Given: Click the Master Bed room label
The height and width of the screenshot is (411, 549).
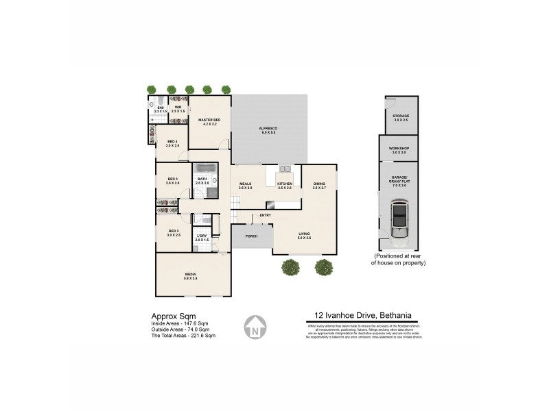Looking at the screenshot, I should (209, 121).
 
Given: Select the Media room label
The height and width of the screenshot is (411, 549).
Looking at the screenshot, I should (190, 275).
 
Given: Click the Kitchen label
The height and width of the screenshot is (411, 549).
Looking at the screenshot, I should (285, 184).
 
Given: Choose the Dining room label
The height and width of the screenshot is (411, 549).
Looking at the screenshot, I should (319, 184).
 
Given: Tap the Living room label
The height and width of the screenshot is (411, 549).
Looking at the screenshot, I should (304, 235).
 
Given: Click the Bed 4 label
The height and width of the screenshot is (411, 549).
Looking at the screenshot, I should (172, 143).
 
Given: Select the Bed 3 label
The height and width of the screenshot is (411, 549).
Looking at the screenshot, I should (172, 181).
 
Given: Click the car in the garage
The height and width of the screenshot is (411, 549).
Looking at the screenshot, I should (398, 219).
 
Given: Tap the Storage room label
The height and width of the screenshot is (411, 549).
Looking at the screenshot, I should (401, 117).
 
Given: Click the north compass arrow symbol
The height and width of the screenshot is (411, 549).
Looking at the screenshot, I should (255, 327).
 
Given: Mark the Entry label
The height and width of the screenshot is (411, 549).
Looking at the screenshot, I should (266, 216).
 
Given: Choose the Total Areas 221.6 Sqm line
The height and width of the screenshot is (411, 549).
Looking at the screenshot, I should (183, 336).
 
